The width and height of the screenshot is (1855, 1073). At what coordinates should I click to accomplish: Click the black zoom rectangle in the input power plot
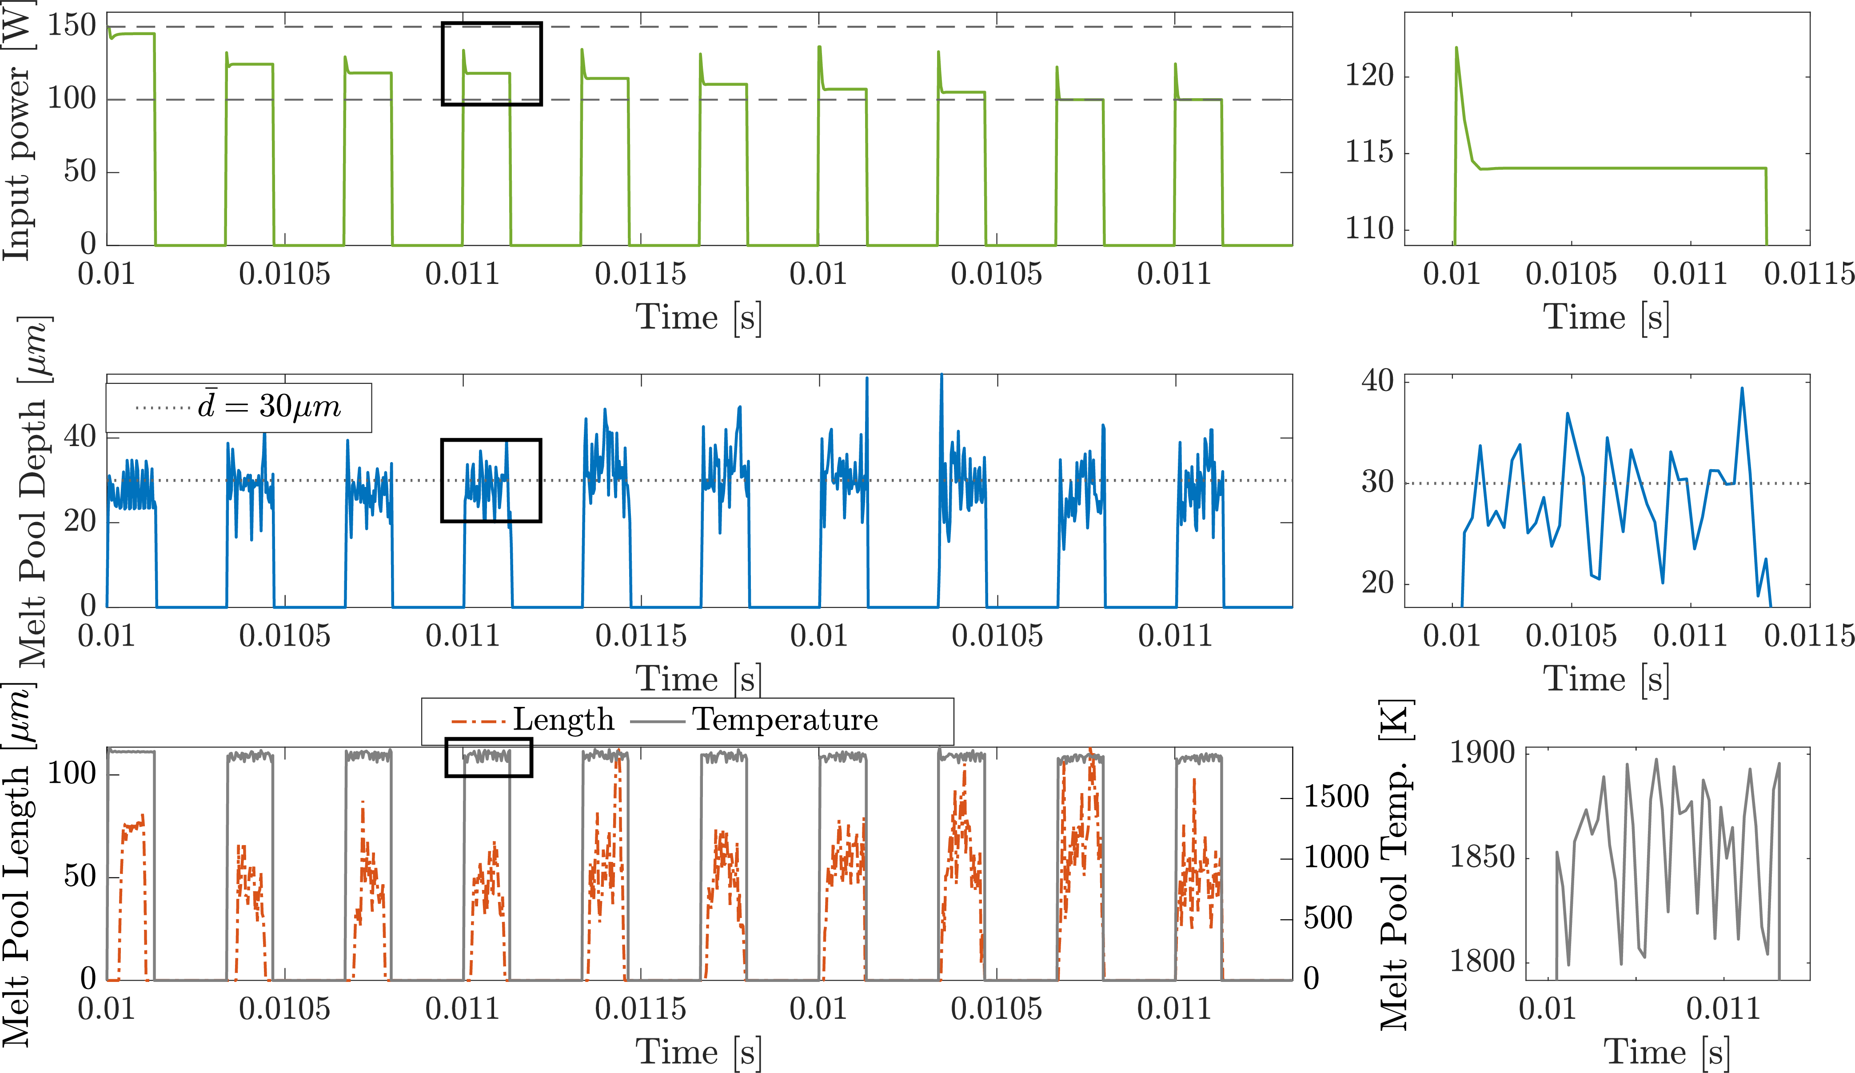[492, 24]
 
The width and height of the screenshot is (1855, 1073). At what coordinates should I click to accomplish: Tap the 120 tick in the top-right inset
[1369, 76]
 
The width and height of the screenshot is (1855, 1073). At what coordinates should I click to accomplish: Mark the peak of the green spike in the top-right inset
[1456, 48]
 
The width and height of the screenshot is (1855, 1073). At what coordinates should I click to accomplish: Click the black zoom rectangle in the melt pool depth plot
[491, 440]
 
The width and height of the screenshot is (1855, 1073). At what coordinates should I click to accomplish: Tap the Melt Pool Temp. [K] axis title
[1395, 865]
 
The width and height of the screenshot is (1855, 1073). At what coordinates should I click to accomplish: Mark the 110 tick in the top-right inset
[1369, 229]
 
